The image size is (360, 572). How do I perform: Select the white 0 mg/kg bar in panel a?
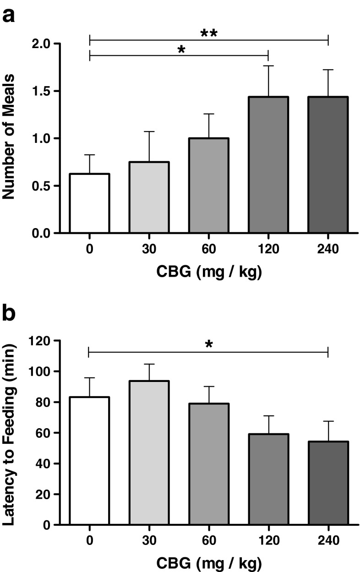pos(89,203)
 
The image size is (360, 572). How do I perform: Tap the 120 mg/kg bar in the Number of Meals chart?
pos(268,165)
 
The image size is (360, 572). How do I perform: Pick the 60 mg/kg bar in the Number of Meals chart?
pos(209,185)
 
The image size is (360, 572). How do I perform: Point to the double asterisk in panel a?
pos(209,33)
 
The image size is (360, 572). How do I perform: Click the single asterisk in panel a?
pos(181,49)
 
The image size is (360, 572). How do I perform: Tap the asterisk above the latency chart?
pos(209,344)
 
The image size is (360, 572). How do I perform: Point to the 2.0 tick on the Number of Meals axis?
pos(46,44)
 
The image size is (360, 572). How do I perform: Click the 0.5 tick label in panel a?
pos(46,186)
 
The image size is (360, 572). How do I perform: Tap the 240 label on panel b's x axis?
pos(328,540)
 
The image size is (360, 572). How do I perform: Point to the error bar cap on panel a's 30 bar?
pos(149,131)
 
